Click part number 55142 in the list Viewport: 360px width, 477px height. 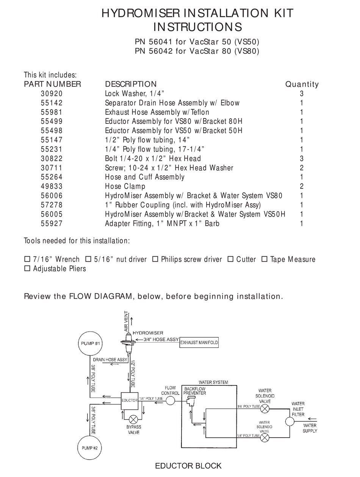pos(52,103)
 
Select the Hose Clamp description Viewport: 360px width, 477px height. pos(125,186)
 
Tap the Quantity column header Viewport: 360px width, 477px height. pos(302,84)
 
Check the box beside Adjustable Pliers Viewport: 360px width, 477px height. pos(27,269)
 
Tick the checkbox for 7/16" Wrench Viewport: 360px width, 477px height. pos(27,259)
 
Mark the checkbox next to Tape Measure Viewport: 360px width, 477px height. pos(265,259)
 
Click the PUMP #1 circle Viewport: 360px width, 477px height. pos(90,343)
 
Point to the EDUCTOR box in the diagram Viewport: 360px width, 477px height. pos(129,401)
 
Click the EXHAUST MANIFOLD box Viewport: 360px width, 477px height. pos(199,343)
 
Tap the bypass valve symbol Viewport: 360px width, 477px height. pos(133,419)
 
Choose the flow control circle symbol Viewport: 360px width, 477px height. pos(171,401)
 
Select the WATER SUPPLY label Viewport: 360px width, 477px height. pos(310,428)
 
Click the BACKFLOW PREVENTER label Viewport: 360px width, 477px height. pos(195,391)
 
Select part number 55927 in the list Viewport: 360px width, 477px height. pos(52,223)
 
